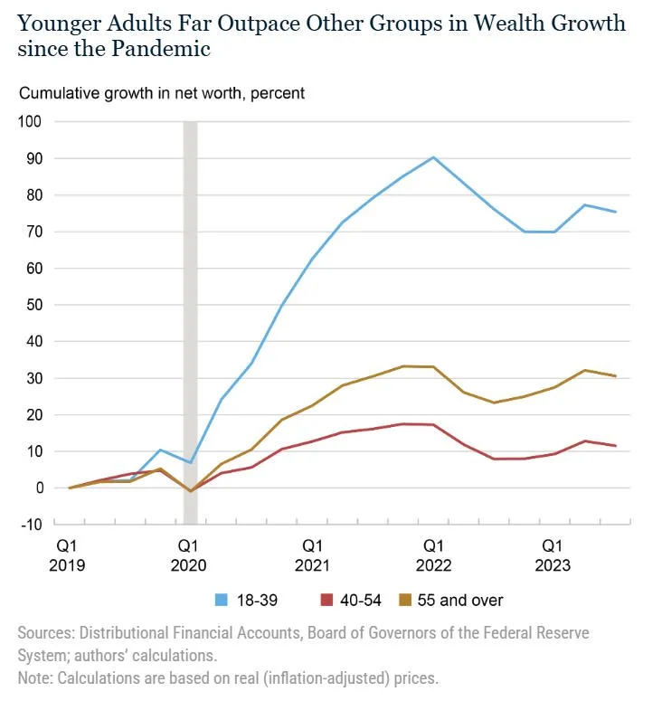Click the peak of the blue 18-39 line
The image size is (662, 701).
click(434, 157)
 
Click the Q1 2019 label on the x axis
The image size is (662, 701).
click(69, 555)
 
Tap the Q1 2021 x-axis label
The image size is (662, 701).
click(312, 555)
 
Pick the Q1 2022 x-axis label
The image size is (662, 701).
click(434, 555)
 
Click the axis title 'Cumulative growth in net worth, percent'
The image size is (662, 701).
click(162, 93)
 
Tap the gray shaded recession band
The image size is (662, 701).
click(190, 317)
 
